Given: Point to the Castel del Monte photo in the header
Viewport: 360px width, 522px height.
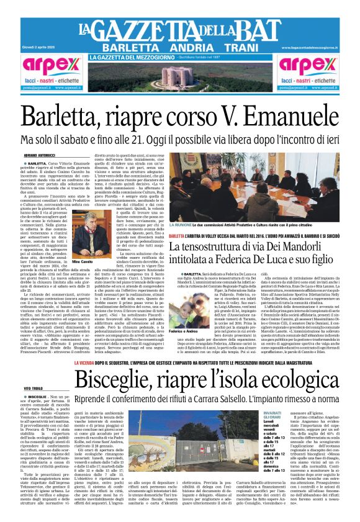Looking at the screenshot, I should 180,76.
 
